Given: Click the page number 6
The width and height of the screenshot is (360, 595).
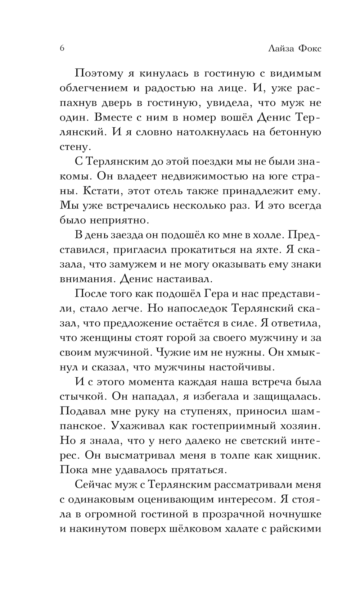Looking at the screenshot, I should pyautogui.click(x=62, y=49).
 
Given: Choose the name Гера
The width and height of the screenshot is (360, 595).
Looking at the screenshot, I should pyautogui.click(x=215, y=294).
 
